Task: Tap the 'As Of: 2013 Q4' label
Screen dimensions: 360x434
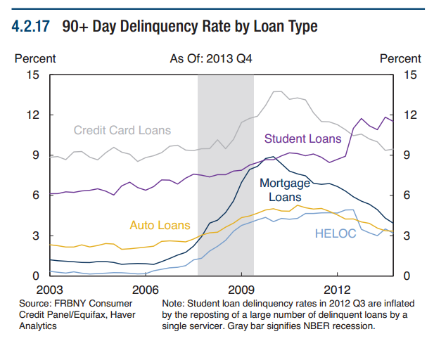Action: tap(211, 59)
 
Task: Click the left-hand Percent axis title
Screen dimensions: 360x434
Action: tap(35, 59)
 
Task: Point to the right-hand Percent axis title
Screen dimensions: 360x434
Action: tap(400, 59)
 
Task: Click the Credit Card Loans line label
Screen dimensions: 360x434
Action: tap(122, 130)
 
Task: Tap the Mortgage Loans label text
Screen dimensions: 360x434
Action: tap(285, 190)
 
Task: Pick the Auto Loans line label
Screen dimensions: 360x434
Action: tap(160, 226)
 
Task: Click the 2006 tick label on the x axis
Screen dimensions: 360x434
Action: tap(146, 289)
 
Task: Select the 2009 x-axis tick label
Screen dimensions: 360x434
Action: tap(241, 289)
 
